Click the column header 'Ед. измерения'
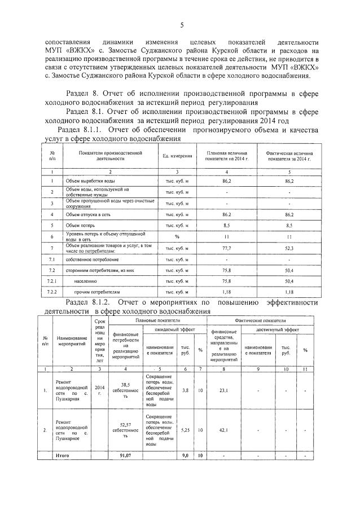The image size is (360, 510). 177,156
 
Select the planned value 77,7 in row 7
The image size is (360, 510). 227,248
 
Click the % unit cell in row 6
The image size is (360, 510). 177,236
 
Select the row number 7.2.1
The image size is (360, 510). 52,281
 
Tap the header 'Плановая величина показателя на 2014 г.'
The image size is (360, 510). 227,156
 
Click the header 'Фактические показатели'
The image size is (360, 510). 262,319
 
